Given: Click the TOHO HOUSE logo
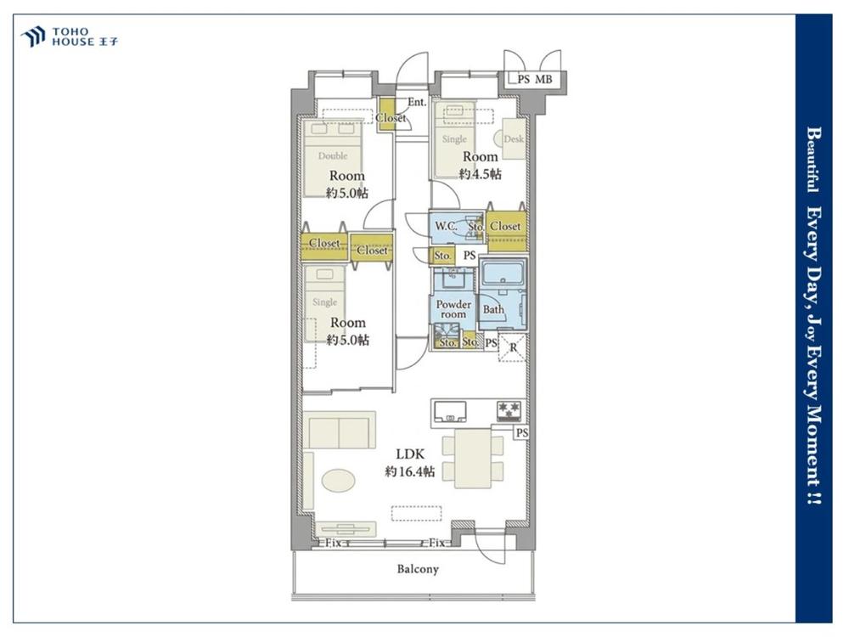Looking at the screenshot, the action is click(69, 37).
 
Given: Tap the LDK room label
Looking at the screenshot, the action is click(410, 454).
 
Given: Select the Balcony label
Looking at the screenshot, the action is click(418, 569).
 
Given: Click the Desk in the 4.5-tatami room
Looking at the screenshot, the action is click(514, 138).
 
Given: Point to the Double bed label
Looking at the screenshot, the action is click(333, 156).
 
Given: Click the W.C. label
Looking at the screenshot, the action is click(447, 225).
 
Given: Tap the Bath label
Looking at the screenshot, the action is click(493, 309).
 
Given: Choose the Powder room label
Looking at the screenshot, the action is click(453, 309).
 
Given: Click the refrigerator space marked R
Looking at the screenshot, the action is click(512, 347).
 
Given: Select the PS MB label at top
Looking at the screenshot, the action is click(534, 80).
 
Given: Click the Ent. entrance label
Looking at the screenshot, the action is click(417, 102).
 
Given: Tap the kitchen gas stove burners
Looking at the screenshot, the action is click(509, 411).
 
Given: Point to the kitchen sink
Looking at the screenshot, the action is click(450, 411).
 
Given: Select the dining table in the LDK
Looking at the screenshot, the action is click(473, 459).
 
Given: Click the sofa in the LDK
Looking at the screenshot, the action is click(340, 430).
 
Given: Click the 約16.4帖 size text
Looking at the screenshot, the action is click(410, 471).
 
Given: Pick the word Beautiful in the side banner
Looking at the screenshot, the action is click(813, 160).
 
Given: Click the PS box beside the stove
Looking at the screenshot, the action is click(521, 433).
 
